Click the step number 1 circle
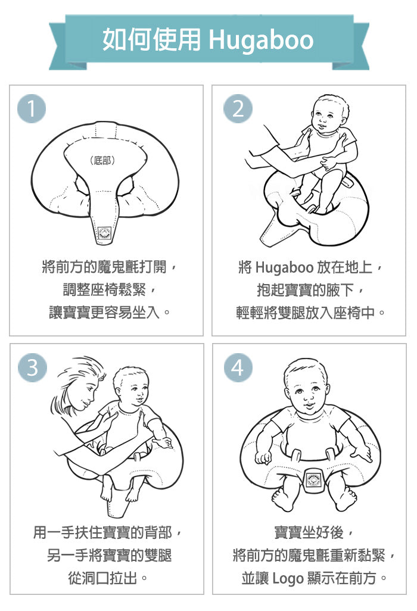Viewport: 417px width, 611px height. pos(32,109)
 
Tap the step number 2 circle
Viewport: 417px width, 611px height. pos(238,109)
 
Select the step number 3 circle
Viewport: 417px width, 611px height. pos(32,367)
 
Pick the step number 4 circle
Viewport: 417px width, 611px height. pos(238,367)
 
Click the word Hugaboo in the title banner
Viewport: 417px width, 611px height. pos(261,40)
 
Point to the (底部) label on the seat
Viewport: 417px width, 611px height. pos(102,160)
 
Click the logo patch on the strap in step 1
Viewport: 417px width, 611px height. pos(104,233)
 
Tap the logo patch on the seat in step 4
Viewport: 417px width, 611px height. pos(313,480)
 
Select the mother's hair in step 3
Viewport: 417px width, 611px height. pos(76,380)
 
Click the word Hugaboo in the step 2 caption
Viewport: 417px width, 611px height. pos(285,268)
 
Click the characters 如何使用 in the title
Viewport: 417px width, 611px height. pos(152,40)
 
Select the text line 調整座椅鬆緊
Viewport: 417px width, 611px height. pos(104,289)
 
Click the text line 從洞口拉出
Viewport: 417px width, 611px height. pos(102,578)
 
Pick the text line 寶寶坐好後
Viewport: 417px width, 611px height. pos(309,532)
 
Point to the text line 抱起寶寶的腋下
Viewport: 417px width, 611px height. pos(306,290)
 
